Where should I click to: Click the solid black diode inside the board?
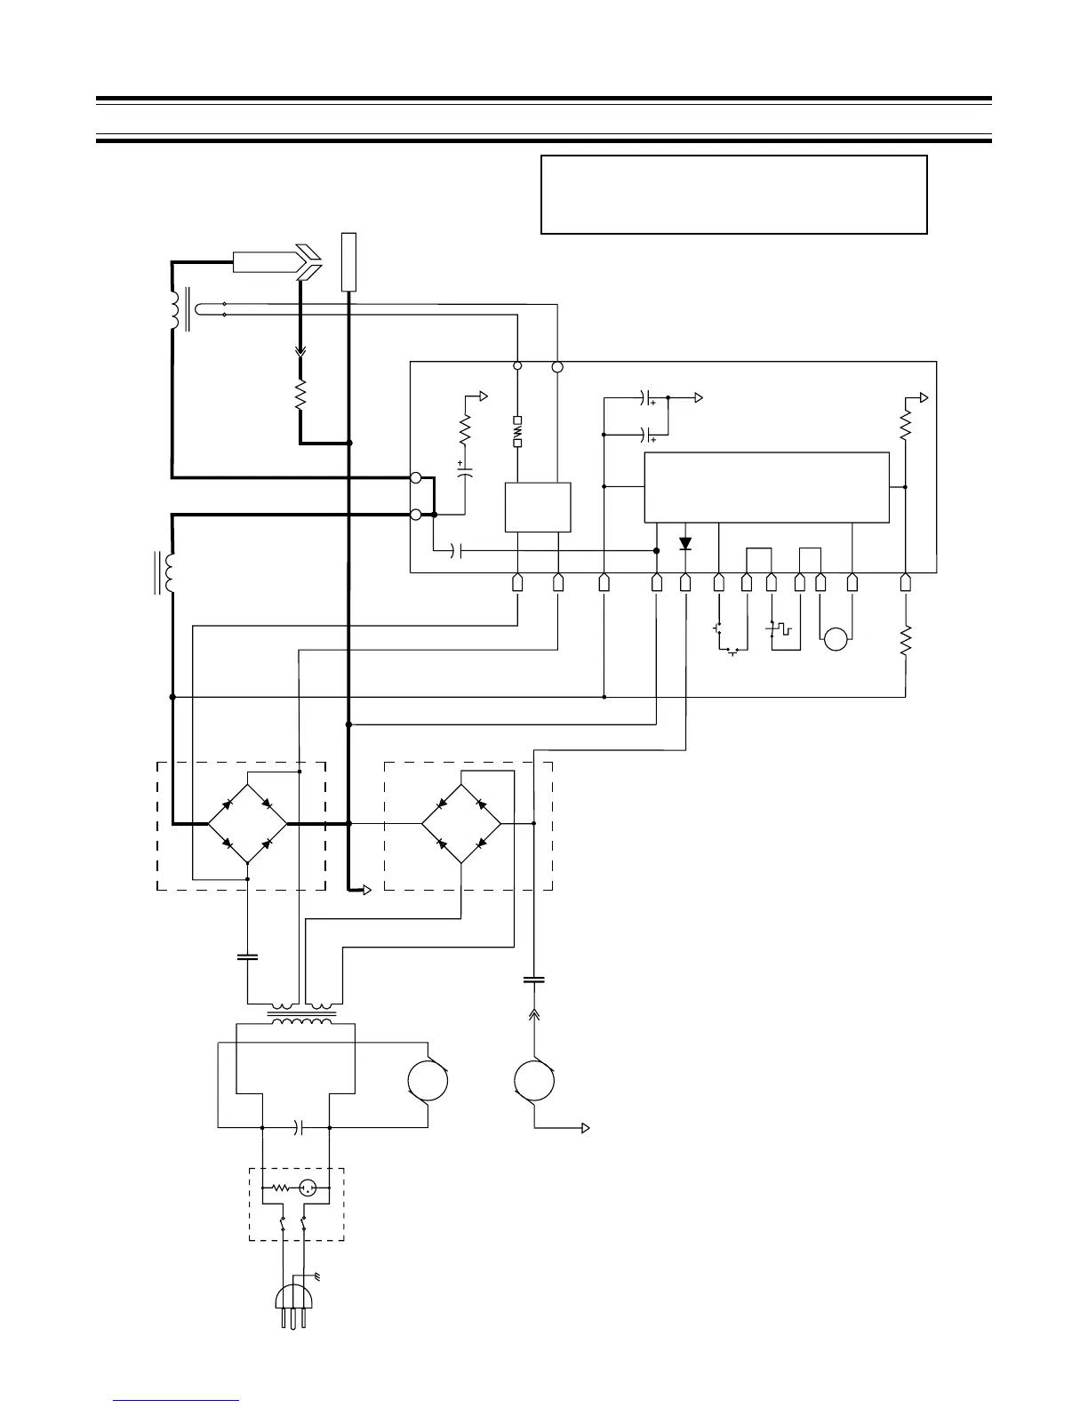[x=685, y=543]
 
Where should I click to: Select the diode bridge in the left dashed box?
[x=247, y=823]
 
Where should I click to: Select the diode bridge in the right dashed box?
[x=460, y=823]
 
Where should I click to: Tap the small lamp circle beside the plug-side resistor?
[x=308, y=1187]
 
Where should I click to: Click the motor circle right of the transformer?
[x=428, y=1081]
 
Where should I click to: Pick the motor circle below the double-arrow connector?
[x=534, y=1081]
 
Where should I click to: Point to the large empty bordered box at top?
[x=733, y=195]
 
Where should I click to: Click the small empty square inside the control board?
[x=537, y=507]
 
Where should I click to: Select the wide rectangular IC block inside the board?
[x=766, y=487]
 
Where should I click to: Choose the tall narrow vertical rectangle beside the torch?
[x=349, y=261]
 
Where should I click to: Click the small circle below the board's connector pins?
[x=836, y=639]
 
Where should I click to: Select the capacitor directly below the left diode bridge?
[x=247, y=957]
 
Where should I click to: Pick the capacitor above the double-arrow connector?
[x=533, y=980]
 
